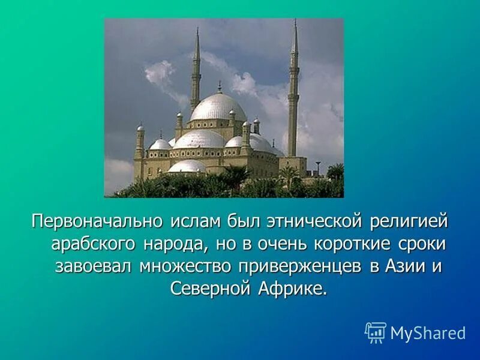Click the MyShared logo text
(428, 333)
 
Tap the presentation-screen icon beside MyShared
(376, 332)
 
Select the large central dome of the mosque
(218, 108)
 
